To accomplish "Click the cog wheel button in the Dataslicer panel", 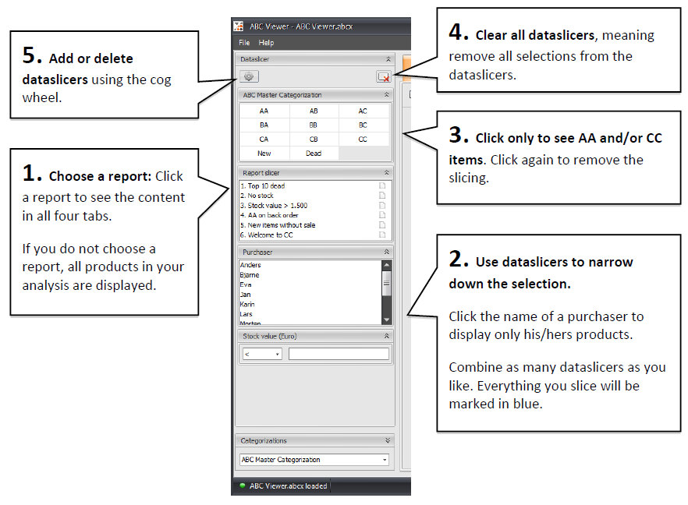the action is [249, 76].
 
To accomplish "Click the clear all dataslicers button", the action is [384, 76].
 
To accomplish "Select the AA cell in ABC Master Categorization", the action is [264, 111].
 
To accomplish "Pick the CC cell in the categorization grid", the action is [363, 139].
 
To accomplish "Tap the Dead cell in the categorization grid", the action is [314, 153].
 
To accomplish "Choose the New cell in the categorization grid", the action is [264, 153].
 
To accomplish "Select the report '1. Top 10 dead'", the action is [263, 185].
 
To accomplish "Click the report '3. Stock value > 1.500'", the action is [274, 205].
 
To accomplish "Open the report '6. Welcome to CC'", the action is [266, 235].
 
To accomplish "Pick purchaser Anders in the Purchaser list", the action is [250, 265].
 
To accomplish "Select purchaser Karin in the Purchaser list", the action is [247, 304].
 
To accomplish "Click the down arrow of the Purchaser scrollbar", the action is [387, 320].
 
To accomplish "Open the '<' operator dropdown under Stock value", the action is [262, 354].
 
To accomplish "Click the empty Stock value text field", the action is [339, 354].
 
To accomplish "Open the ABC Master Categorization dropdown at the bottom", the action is [314, 460].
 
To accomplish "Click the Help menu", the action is [266, 43].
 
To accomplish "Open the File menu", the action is [244, 43].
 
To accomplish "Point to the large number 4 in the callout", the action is [456, 32].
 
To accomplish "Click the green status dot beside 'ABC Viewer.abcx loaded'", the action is [242, 486].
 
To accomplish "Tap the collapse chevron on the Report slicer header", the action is [387, 172].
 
